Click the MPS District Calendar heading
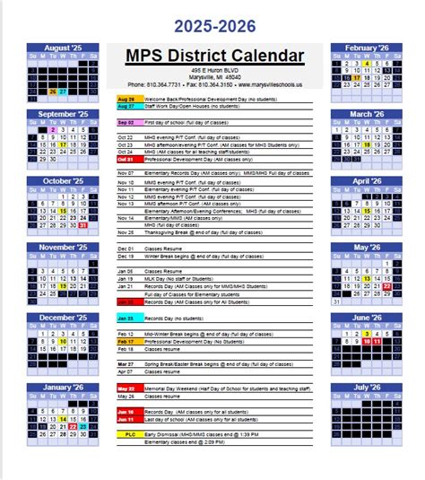click(212, 57)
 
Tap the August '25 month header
click(61, 47)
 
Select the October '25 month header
click(61, 180)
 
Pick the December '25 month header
click(61, 318)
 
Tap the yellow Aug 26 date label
click(126, 99)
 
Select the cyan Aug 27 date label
click(126, 106)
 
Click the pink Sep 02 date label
click(126, 121)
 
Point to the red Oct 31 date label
click(126, 159)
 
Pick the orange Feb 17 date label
click(126, 342)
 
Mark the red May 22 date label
click(126, 388)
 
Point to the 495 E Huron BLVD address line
click(212, 71)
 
